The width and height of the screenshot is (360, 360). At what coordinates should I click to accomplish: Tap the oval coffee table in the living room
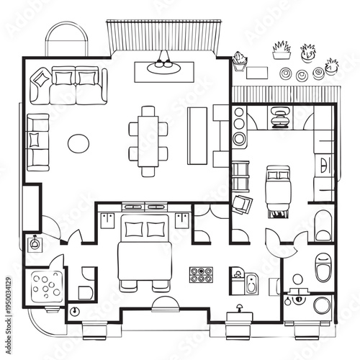tap(79, 143)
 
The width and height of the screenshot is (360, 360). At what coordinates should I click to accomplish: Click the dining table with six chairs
tap(148, 140)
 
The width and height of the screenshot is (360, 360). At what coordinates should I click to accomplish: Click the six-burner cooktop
tap(202, 275)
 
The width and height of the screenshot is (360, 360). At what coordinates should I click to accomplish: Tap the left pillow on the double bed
tap(135, 229)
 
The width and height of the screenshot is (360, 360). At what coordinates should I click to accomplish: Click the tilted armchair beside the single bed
tap(245, 204)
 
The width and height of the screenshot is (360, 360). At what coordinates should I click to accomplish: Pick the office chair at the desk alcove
tap(279, 117)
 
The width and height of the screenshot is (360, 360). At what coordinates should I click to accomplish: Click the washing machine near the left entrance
tap(34, 243)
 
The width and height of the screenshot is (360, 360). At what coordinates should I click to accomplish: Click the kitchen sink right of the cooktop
tap(251, 282)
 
